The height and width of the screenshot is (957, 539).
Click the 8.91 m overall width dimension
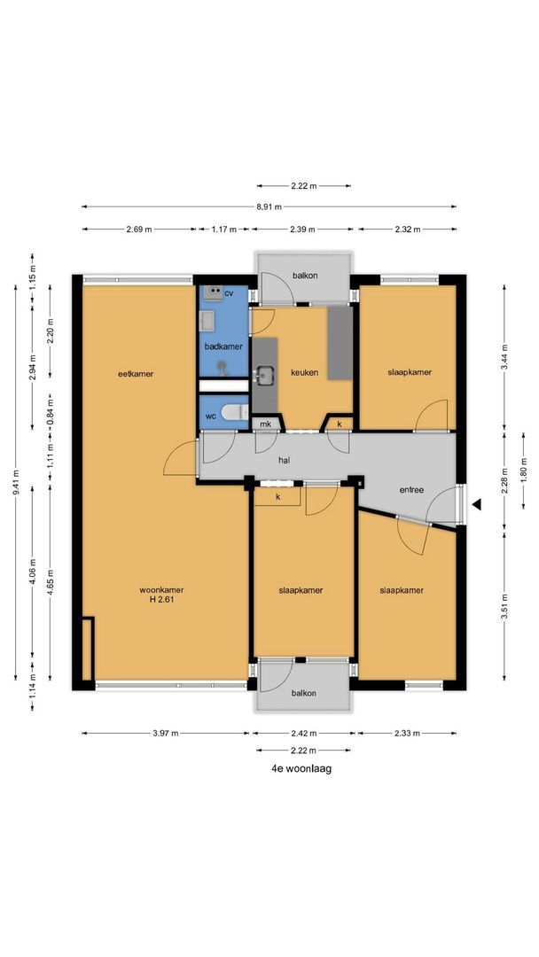[269, 206]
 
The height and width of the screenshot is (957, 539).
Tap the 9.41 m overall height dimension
[15, 483]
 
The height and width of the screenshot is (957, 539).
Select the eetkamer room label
[136, 374]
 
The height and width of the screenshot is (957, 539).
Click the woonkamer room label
[160, 590]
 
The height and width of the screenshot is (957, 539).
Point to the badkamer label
[223, 346]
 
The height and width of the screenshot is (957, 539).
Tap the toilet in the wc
[234, 413]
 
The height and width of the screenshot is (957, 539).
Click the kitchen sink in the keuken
[264, 377]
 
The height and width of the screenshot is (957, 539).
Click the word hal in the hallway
[284, 460]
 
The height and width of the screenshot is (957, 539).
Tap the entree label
[411, 489]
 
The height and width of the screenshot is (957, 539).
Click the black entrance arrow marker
[476, 505]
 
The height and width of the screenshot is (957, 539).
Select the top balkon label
[305, 276]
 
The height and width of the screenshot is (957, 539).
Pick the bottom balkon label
[305, 694]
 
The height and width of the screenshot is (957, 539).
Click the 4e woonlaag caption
[301, 769]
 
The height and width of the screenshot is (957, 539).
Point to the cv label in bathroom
[229, 292]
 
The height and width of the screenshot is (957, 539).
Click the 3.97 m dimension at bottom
[166, 734]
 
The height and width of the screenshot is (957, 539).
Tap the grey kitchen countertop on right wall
[339, 344]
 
